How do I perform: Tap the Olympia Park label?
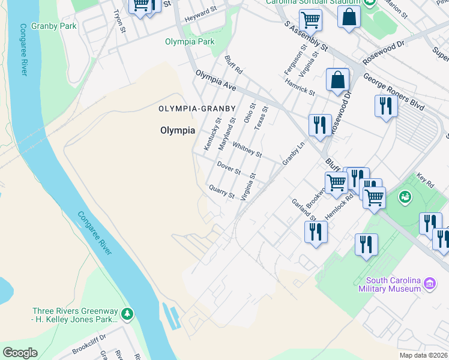(190, 42)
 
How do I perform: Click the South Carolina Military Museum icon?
(429, 283)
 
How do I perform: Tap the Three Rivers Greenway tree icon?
(127, 313)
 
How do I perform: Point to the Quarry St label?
(221, 191)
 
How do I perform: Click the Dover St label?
(229, 168)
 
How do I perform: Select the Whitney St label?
(247, 149)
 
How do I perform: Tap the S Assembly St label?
(306, 36)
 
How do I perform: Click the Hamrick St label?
(300, 87)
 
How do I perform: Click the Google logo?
(20, 353)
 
